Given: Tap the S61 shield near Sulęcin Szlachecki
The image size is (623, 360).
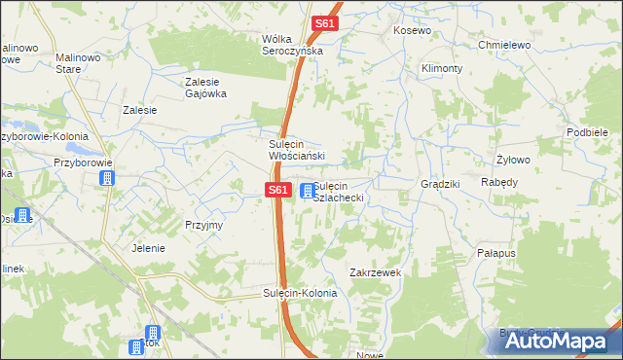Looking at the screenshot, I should coord(277,191).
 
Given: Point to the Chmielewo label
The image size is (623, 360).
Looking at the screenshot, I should coord(503,45).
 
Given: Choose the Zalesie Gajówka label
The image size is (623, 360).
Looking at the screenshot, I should coord(205,88).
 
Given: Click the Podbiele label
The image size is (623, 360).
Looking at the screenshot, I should coord(587,132).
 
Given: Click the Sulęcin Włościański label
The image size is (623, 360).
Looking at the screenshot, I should coord(303,149).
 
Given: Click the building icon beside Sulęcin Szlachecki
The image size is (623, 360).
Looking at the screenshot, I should coord(308,191).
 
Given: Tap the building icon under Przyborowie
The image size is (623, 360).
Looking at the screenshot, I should coord(106,179).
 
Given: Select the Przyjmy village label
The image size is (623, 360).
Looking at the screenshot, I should coord(204,225).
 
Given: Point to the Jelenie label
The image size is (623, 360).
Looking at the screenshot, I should coord(148,248).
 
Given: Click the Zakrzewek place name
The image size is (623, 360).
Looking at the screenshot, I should coord(376,273).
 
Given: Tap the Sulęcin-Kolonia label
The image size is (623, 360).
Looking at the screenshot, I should coord(300,293).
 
